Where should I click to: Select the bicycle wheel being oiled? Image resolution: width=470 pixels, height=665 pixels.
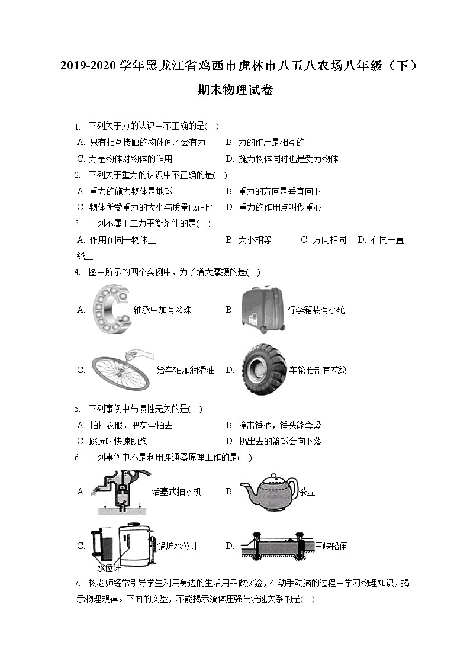pos(121,370)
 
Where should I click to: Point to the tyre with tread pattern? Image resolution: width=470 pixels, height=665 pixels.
pos(263,370)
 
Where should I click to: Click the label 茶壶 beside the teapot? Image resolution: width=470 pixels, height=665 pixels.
pos(307,491)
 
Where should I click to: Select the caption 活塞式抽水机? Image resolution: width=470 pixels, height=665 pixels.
pos(176,491)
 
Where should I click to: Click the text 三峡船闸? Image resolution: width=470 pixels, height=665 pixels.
pos(331,546)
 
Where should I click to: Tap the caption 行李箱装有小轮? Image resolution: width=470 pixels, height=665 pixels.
pos(316,310)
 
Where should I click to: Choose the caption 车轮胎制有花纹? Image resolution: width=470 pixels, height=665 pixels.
pos(318,370)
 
